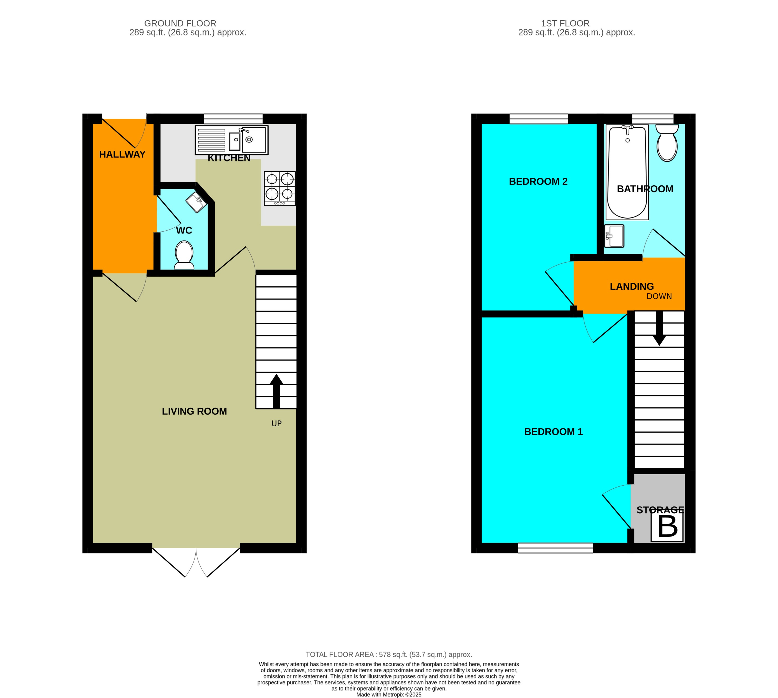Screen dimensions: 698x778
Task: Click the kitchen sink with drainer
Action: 231,140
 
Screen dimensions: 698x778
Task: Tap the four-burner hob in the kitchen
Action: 280,188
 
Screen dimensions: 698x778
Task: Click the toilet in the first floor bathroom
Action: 667,143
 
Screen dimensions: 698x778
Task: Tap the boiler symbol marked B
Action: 667,527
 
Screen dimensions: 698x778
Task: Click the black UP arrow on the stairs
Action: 276,391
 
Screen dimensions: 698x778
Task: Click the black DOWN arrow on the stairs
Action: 659,329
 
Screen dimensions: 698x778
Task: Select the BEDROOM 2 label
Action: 538,182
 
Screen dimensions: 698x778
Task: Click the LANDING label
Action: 632,286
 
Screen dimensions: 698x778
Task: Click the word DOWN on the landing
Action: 659,296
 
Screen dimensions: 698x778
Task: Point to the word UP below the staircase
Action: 276,424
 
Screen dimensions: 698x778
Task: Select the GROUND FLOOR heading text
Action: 180,23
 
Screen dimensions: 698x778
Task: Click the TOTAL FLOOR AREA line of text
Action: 389,655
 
